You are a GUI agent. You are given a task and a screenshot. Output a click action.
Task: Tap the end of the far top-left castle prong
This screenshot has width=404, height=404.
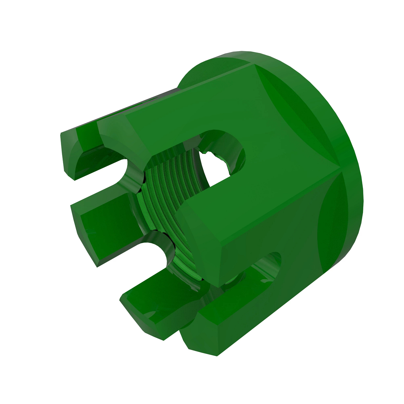(69, 155)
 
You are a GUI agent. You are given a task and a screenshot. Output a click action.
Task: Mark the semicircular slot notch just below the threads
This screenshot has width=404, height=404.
(158, 249)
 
